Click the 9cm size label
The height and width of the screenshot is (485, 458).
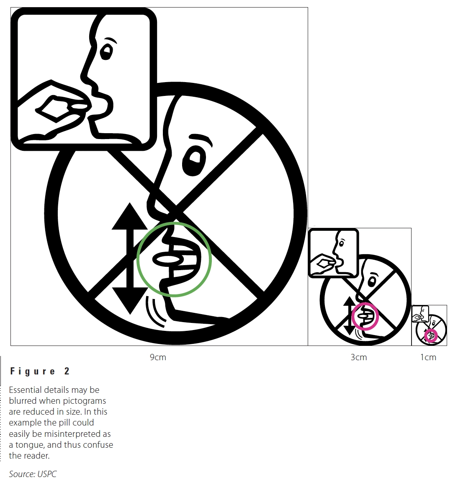[x=158, y=357]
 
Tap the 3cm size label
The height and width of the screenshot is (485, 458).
[x=359, y=357]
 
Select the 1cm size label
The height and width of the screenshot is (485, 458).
[x=428, y=357]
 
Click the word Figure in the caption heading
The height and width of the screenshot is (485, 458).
[x=33, y=371]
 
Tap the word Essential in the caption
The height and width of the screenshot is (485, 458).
[x=25, y=390]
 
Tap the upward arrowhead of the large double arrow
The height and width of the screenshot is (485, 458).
[x=130, y=216]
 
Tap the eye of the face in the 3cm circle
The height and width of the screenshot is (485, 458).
[x=372, y=281]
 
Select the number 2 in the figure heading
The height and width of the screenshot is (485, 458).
[x=67, y=371]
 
